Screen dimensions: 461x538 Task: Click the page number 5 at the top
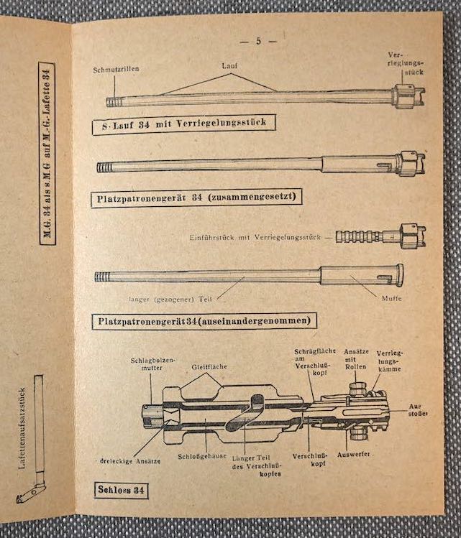tap(258, 41)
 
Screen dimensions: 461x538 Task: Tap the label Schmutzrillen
tap(116, 69)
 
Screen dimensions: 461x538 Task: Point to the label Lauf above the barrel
tap(229, 66)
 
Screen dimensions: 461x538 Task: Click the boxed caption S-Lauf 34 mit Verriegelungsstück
tap(184, 124)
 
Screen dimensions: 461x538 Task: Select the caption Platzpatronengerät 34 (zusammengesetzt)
tap(196, 198)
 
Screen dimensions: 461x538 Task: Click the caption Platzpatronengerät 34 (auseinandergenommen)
tap(204, 321)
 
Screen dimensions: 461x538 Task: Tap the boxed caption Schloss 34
tap(122, 490)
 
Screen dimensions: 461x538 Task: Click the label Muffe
tap(392, 299)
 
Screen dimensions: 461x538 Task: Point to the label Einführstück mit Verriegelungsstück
tap(255, 237)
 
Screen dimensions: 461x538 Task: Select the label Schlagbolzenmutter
tap(153, 364)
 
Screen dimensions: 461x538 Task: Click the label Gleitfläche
tap(209, 367)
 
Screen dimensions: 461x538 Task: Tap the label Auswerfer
tap(353, 454)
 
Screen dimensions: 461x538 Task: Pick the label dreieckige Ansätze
tap(130, 461)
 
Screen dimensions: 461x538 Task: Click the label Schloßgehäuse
tap(202, 456)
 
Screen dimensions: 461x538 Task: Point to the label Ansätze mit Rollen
tap(356, 359)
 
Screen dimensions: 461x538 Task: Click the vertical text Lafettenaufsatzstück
tap(22, 429)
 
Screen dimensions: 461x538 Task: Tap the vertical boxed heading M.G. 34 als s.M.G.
tap(47, 154)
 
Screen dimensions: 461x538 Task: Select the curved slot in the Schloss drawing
tap(245, 412)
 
